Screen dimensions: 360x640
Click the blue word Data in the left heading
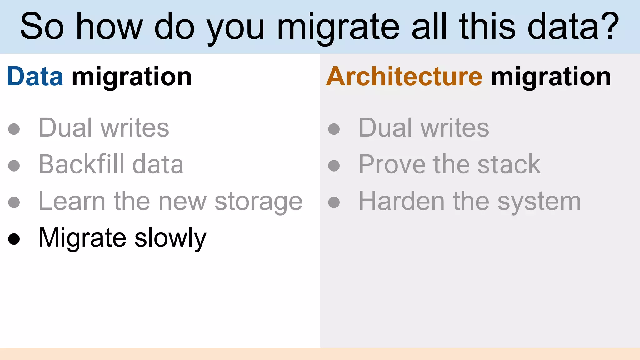click(x=35, y=77)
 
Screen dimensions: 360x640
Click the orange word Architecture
click(x=404, y=77)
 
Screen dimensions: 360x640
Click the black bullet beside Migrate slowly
click(x=14, y=239)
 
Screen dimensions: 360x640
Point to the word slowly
click(x=171, y=238)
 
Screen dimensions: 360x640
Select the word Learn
click(x=72, y=201)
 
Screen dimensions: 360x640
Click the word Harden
click(x=402, y=201)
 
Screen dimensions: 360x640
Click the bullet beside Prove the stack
click(x=334, y=166)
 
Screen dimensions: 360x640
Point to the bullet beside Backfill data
click(x=14, y=166)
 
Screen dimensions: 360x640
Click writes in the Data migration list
click(x=135, y=128)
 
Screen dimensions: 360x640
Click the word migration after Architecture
click(x=551, y=77)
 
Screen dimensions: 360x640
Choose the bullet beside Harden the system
click(x=334, y=202)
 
